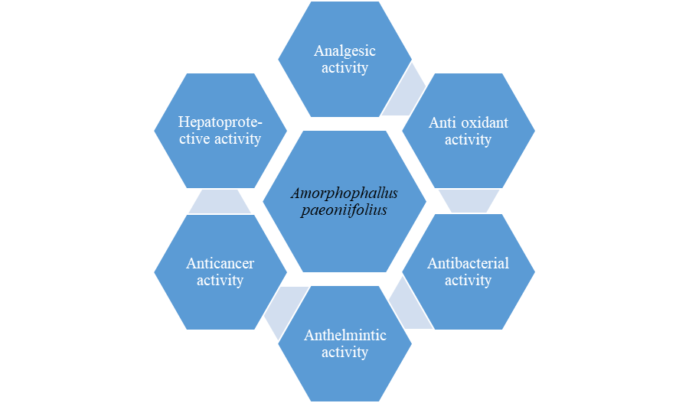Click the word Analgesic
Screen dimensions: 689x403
[345, 51]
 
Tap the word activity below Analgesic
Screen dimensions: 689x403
[345, 68]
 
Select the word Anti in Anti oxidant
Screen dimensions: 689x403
[442, 122]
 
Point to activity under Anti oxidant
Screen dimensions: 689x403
[468, 140]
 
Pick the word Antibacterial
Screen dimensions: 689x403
[468, 263]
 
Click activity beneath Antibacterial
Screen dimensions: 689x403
[468, 281]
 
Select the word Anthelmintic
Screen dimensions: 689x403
[345, 336]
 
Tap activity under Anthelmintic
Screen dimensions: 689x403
[345, 353]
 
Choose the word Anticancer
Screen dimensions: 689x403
[220, 263]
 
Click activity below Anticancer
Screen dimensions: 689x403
[220, 281]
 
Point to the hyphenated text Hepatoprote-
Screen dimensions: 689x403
[220, 122]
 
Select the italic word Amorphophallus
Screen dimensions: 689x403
[344, 193]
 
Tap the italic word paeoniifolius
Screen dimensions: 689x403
[344, 210]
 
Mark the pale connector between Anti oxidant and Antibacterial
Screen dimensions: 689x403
[469, 201]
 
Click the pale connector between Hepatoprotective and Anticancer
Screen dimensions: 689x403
[220, 202]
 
